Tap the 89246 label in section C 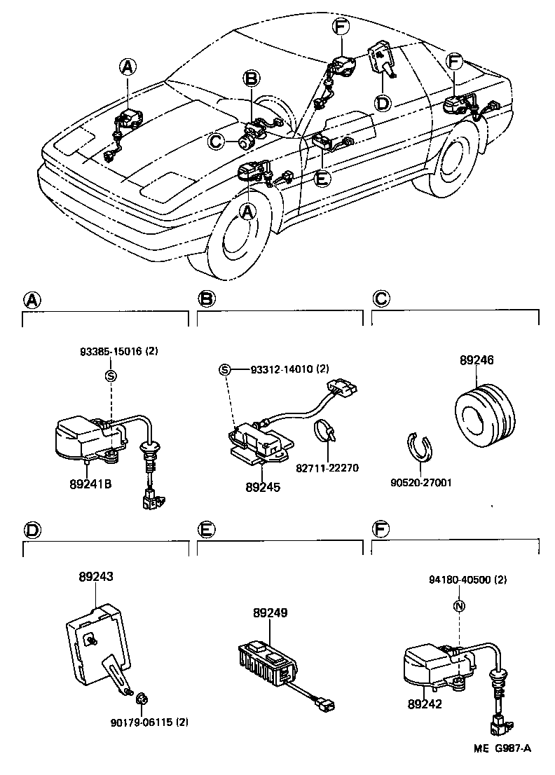[x=477, y=360]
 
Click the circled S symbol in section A [x=110, y=375]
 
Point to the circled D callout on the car [x=382, y=103]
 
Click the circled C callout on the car [x=217, y=142]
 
